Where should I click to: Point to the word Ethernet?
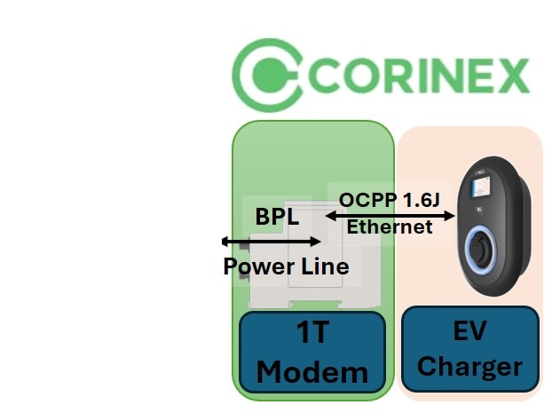[x=390, y=226]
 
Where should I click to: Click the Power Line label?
[x=286, y=266]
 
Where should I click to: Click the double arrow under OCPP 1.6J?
[x=390, y=214]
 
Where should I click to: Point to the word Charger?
[x=469, y=366]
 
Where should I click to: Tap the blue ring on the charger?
[x=479, y=246]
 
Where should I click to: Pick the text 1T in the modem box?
[x=312, y=337]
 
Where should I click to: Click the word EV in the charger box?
[x=469, y=335]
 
